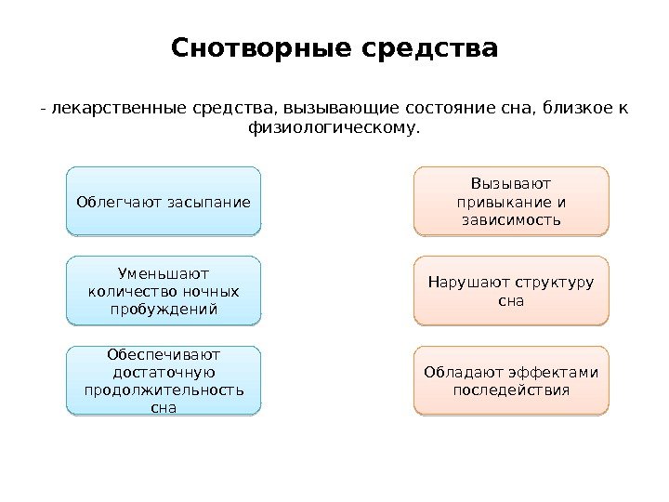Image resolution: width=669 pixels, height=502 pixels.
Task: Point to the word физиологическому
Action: tap(334, 128)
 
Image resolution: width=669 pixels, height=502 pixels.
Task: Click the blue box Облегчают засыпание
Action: tap(164, 200)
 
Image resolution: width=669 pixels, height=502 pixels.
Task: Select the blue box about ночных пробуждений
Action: tap(164, 291)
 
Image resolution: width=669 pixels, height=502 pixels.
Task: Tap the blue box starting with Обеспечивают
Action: tap(164, 380)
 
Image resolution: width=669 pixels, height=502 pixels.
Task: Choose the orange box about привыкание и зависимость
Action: tap(510, 200)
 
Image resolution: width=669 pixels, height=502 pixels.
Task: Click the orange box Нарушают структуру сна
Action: tap(510, 291)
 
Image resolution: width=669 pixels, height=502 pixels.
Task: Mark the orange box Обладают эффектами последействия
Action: tap(510, 380)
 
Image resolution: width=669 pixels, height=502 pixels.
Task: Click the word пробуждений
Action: tap(164, 309)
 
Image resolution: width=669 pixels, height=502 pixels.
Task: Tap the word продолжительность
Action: tap(164, 390)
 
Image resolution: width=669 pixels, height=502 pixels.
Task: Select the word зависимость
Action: tap(510, 220)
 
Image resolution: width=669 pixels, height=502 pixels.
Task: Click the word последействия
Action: tap(510, 390)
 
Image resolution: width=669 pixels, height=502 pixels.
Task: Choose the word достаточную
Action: tap(164, 371)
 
